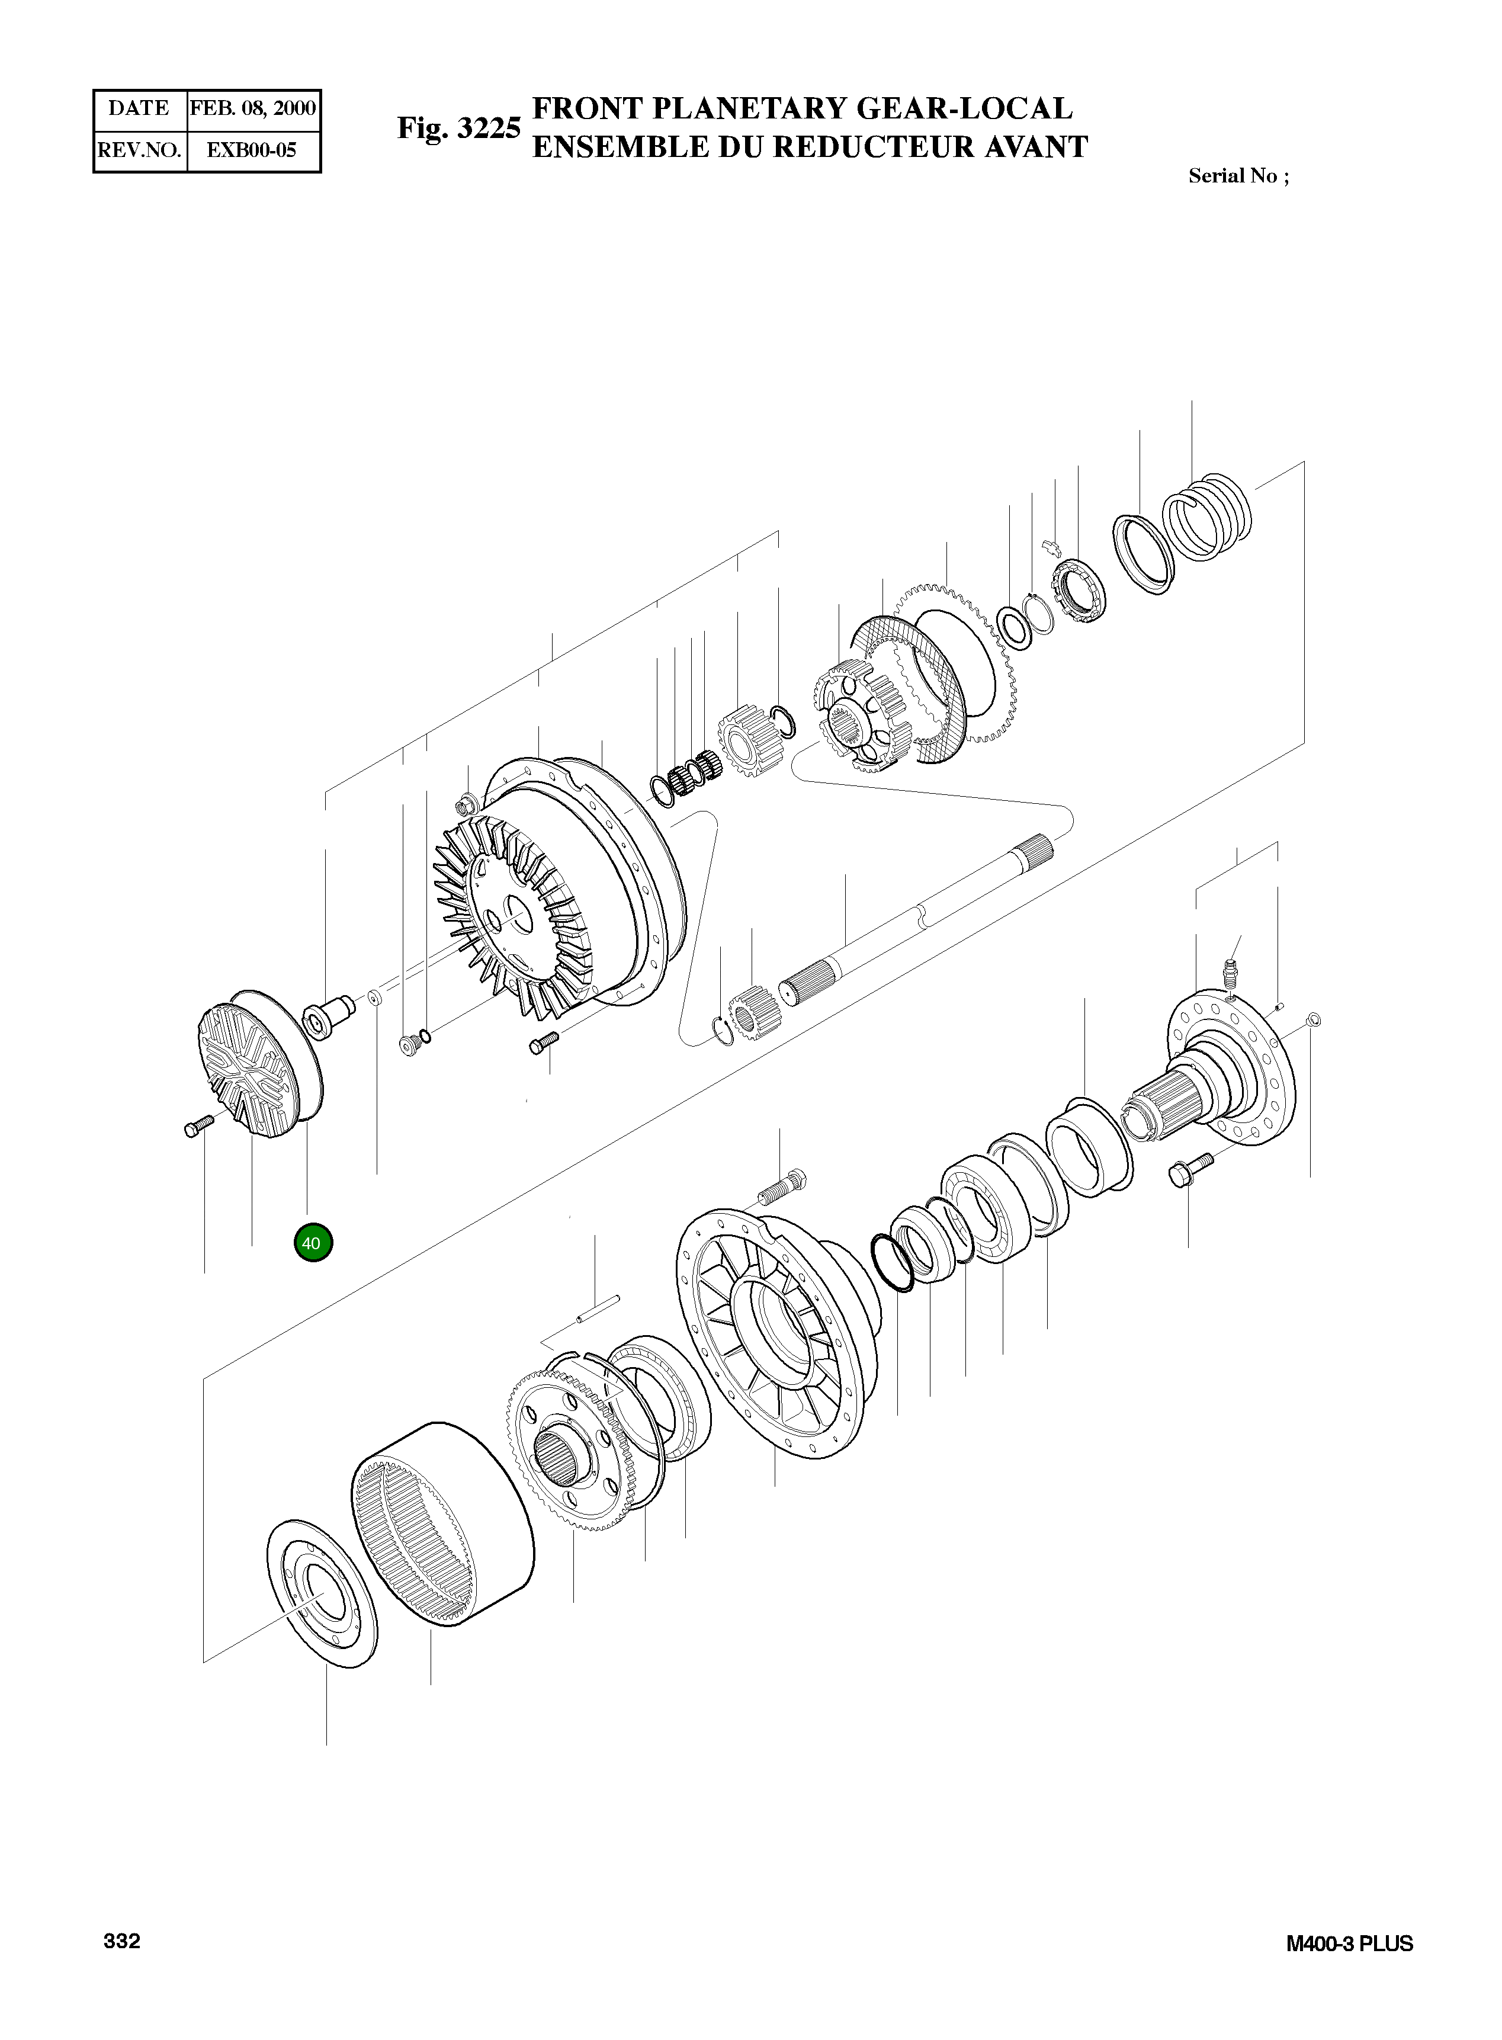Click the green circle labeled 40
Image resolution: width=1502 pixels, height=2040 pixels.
click(313, 1243)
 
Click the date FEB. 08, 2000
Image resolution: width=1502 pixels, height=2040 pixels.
click(253, 109)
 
